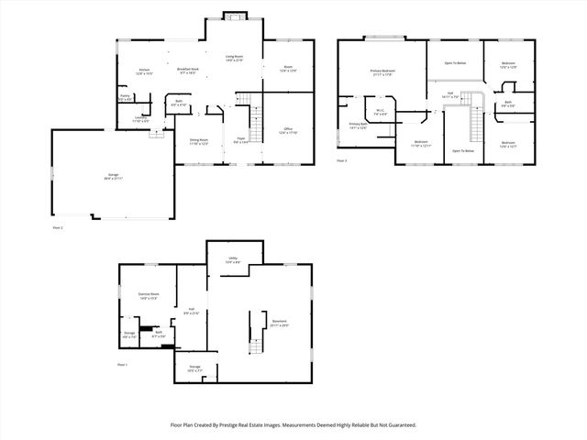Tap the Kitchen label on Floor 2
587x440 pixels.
(x=144, y=71)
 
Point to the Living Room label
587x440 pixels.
(x=235, y=59)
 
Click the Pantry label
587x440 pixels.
(x=125, y=96)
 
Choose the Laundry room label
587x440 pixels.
(x=141, y=118)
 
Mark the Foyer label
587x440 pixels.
(x=240, y=141)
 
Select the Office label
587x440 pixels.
(x=286, y=130)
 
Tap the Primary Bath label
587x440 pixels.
(x=358, y=126)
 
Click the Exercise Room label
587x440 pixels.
(x=149, y=296)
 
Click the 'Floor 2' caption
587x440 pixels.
(x=58, y=225)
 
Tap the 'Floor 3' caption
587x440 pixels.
(x=342, y=160)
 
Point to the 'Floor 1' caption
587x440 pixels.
(x=122, y=365)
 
